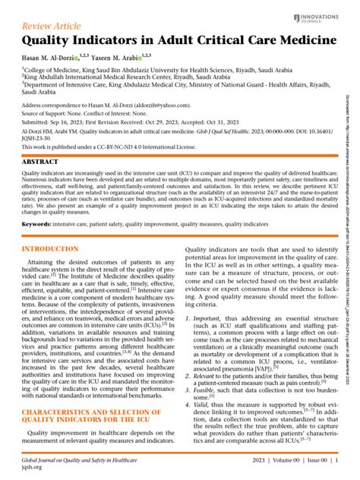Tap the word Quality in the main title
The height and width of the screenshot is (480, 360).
[x=50, y=42]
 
